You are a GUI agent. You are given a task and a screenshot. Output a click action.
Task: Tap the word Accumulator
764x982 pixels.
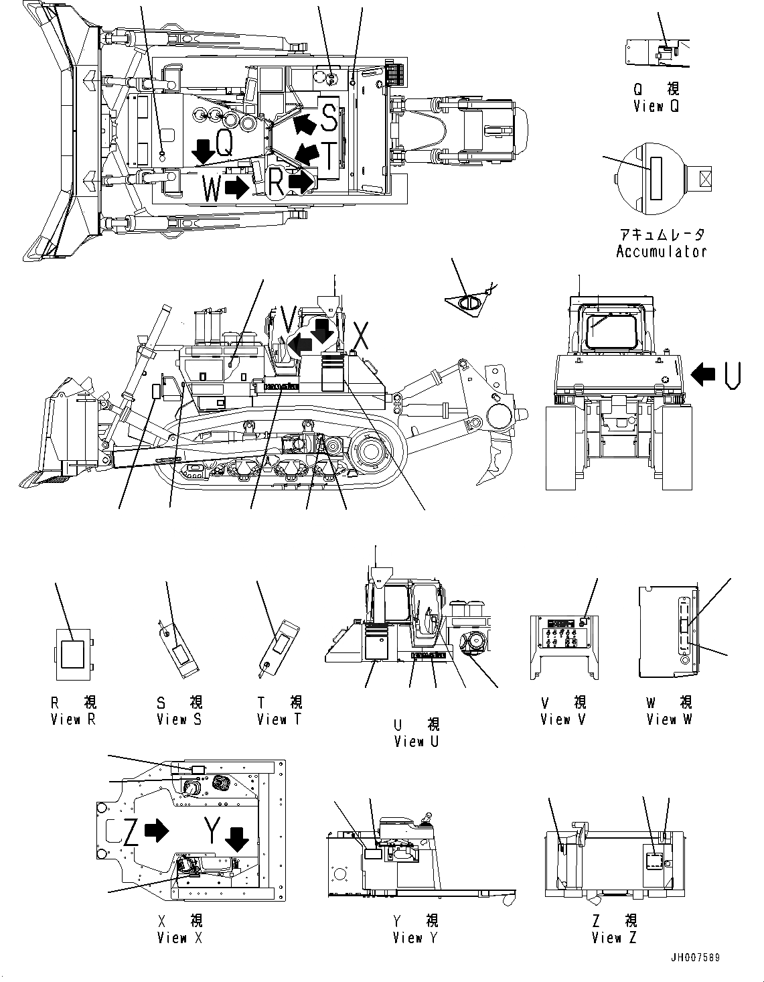(x=661, y=252)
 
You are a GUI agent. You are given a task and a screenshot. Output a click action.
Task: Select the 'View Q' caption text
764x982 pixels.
(x=656, y=106)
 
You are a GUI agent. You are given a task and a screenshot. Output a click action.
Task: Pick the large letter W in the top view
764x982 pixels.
(x=212, y=189)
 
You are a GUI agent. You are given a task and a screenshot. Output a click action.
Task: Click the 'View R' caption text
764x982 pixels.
(x=74, y=719)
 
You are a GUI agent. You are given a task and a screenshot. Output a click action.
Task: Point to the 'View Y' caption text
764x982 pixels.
(x=415, y=938)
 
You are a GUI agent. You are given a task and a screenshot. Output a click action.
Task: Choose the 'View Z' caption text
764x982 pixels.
(x=615, y=938)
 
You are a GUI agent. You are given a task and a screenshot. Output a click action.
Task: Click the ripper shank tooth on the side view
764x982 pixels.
(x=495, y=462)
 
